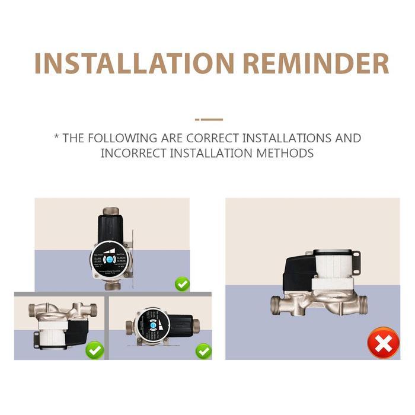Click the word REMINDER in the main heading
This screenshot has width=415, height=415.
(317, 63)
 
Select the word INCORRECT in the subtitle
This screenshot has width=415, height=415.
(133, 153)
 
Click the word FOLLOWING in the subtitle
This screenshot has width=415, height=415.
(122, 138)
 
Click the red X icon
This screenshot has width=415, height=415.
(382, 343)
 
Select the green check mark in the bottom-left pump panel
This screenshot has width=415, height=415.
(94, 350)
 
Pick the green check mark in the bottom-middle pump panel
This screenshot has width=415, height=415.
(203, 351)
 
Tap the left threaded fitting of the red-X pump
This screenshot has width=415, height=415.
(277, 305)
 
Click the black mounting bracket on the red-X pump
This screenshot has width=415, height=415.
(356, 263)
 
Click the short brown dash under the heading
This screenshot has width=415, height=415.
(209, 119)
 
